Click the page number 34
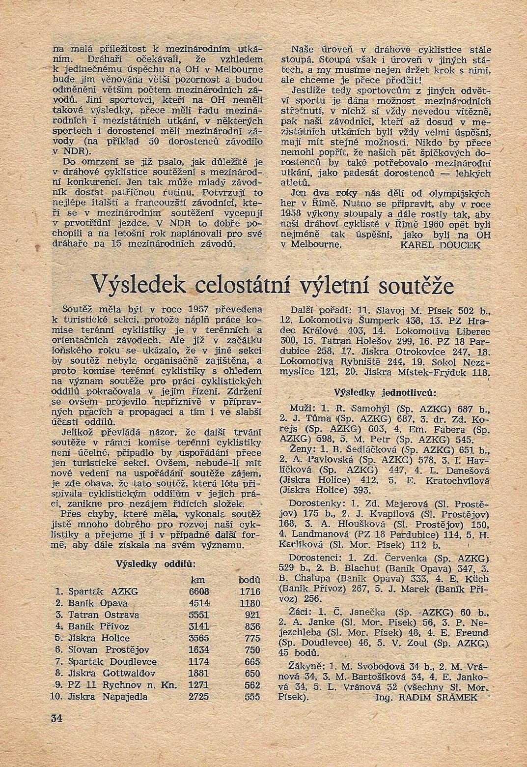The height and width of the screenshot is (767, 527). [x=55, y=717]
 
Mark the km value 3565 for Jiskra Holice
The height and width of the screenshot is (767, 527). [x=199, y=638]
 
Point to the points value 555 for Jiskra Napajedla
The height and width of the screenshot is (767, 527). [x=251, y=697]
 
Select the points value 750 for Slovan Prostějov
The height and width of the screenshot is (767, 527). [x=251, y=650]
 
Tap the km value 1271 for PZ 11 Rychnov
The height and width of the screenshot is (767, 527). [x=199, y=685]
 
